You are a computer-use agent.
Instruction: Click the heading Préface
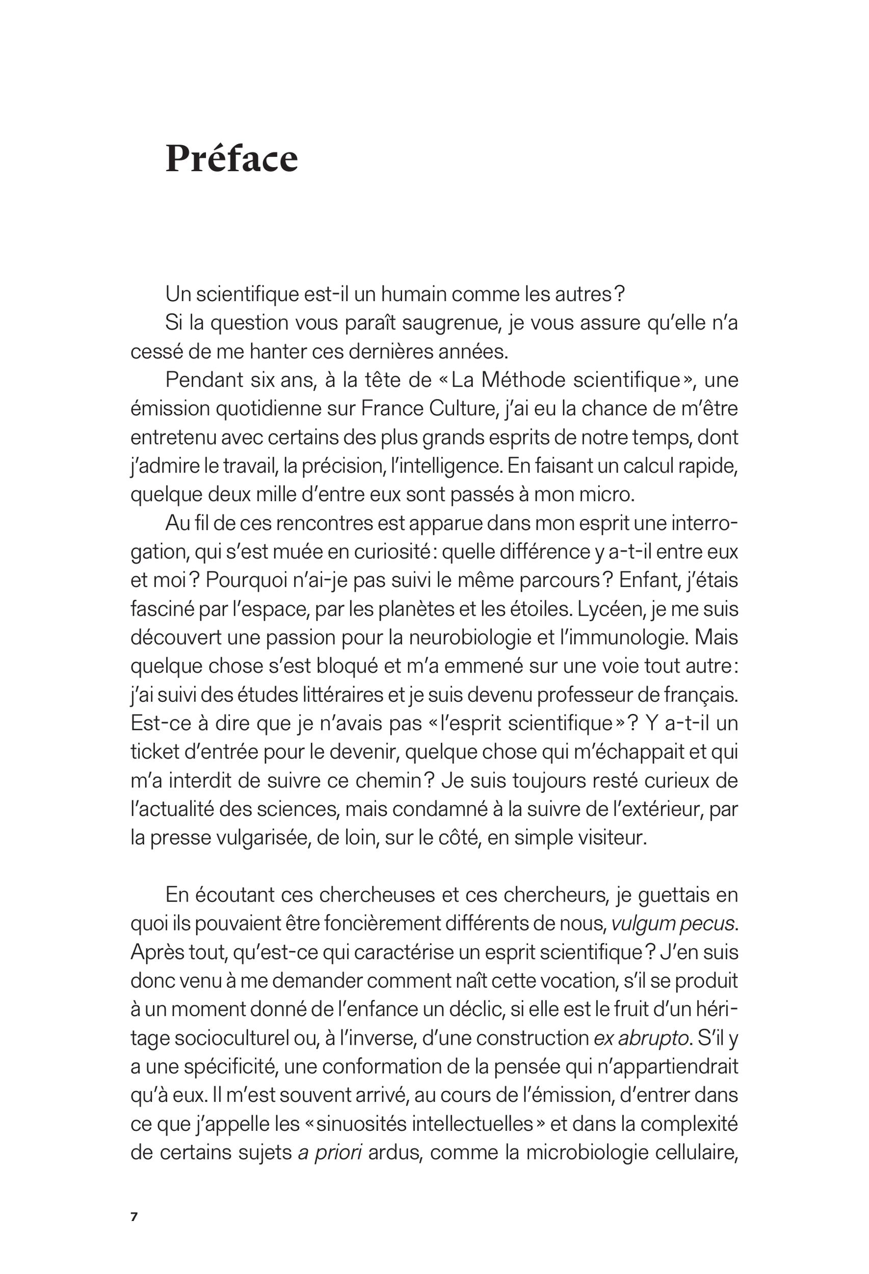tap(231, 159)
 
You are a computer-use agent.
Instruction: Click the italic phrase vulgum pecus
tap(673, 925)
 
